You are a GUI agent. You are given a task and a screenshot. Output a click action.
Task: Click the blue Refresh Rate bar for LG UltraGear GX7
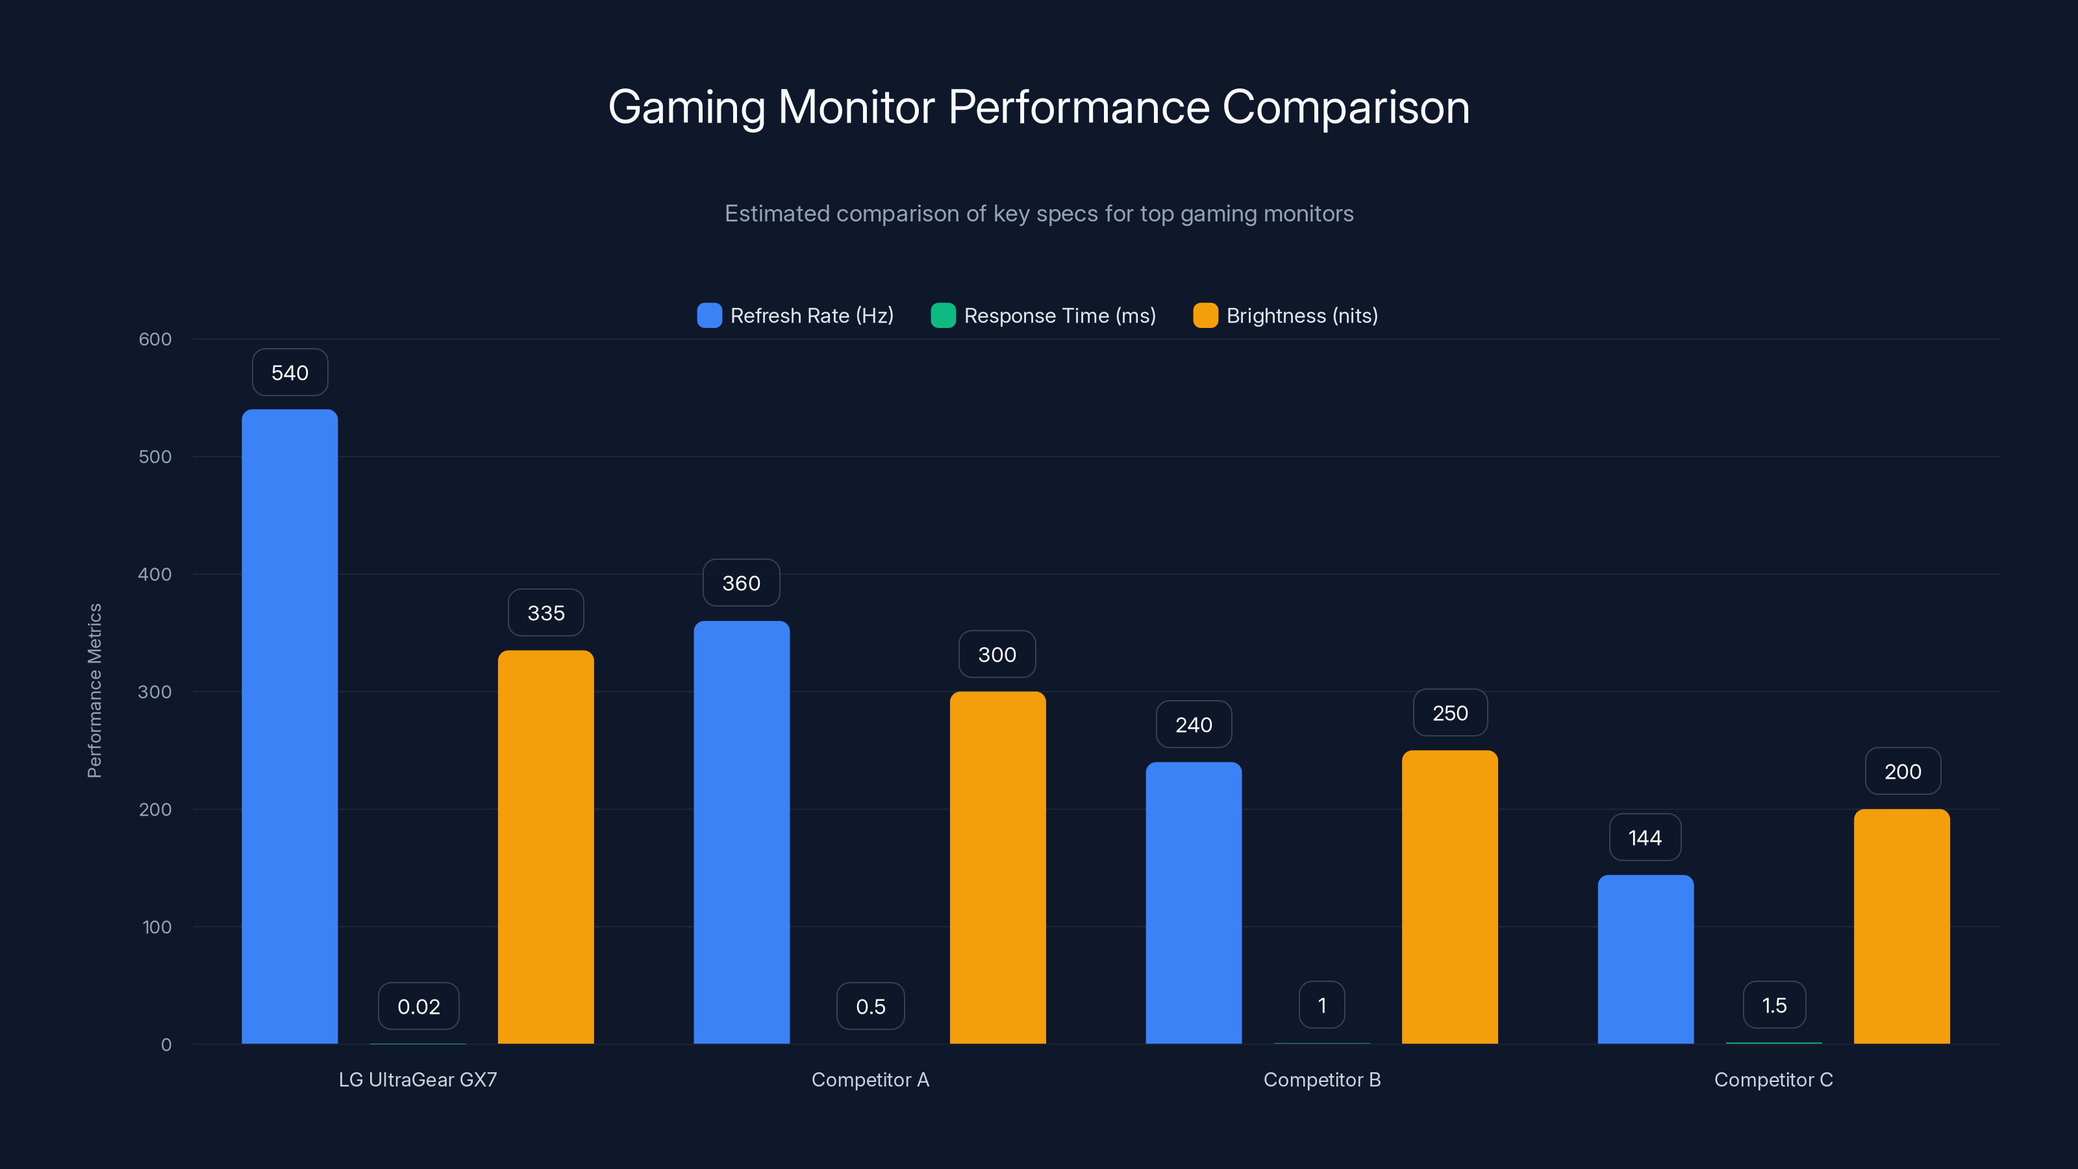(x=290, y=726)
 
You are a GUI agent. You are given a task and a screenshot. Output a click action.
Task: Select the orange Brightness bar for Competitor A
(x=998, y=867)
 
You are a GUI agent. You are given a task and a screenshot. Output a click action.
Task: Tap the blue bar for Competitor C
(x=1646, y=959)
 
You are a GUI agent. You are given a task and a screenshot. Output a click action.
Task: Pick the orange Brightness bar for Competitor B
(x=1449, y=896)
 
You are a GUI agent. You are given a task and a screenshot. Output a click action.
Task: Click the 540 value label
(x=290, y=373)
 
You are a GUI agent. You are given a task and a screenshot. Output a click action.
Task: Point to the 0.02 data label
(x=419, y=1006)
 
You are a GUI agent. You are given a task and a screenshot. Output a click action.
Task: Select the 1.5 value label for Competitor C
(x=1774, y=1005)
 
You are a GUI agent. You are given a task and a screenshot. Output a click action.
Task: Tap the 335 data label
(x=546, y=613)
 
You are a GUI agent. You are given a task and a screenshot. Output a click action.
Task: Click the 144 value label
(x=1645, y=837)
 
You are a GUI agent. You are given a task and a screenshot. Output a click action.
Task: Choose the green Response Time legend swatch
(x=943, y=316)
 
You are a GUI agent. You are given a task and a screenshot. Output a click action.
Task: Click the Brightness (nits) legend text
(x=1301, y=316)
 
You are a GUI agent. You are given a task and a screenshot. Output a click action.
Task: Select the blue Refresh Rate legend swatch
(x=709, y=316)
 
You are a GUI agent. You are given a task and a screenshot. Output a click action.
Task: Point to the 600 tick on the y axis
(x=155, y=339)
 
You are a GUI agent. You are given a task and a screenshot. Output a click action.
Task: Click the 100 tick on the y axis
(x=156, y=927)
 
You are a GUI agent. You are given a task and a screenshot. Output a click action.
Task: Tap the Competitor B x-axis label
(x=1321, y=1079)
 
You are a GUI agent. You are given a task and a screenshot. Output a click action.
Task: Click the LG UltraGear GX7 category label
(x=418, y=1079)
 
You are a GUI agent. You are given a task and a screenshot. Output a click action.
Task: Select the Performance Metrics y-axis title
(x=94, y=690)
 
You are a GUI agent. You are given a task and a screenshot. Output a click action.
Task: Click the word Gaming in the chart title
(x=686, y=107)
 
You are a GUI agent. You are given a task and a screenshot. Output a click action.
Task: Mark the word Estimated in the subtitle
(x=777, y=214)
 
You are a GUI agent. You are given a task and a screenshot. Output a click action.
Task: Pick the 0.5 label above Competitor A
(x=870, y=1006)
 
